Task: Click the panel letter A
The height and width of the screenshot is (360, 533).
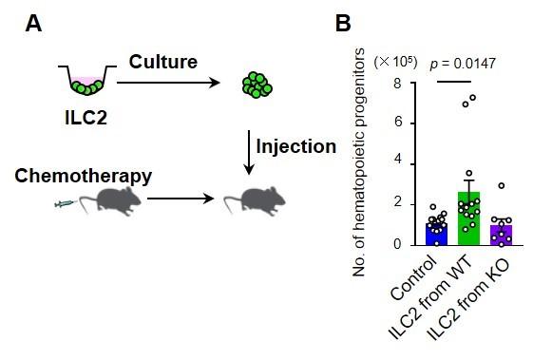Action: pos(34,26)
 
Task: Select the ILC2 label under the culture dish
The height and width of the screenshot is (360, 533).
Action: pos(86,121)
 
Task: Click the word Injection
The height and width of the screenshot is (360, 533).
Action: pos(295,147)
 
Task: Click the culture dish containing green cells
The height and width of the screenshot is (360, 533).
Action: pos(86,85)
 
